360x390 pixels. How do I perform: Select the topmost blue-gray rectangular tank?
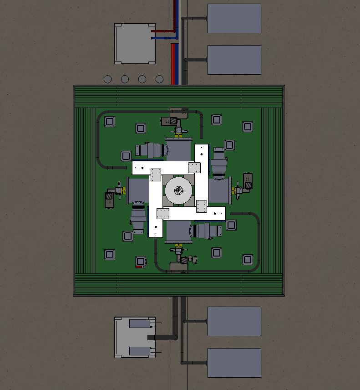234,19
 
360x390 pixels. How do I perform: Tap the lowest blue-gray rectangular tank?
234,363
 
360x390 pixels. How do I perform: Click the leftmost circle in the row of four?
107,79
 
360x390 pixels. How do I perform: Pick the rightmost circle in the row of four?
159,79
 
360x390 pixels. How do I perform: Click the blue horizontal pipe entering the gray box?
164,38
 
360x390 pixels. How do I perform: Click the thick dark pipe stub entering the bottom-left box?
162,337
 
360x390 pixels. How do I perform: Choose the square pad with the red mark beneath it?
140,261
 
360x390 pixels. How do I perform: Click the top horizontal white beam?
166,168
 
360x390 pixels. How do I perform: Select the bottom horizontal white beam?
191,213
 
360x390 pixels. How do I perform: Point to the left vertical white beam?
156,205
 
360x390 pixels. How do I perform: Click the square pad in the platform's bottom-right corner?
247,260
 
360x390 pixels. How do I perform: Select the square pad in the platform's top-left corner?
109,122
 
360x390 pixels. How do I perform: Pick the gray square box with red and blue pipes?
135,44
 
